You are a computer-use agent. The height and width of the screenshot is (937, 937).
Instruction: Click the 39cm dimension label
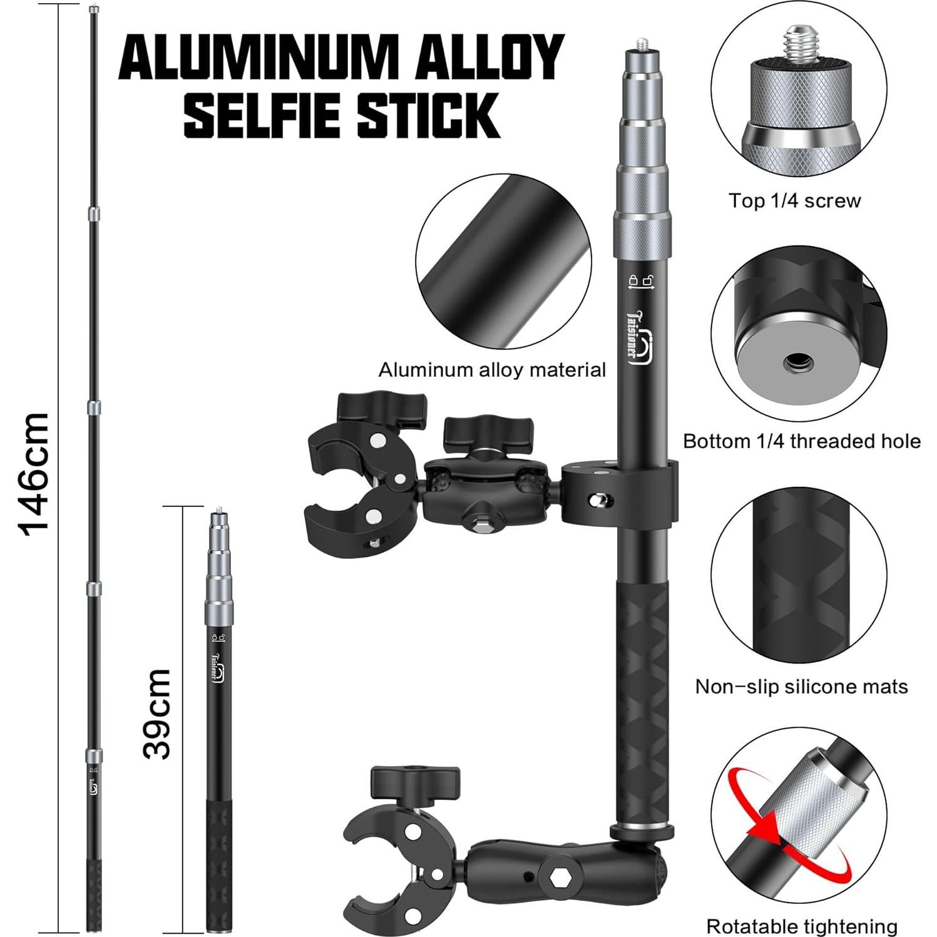coord(156,714)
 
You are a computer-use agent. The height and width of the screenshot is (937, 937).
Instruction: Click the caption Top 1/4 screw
coord(794,201)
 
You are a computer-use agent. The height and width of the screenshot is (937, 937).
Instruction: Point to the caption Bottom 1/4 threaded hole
coord(802,441)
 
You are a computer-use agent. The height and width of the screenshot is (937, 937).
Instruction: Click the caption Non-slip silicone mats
coord(801,687)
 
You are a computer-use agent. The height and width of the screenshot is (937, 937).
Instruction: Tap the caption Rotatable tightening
coord(802,926)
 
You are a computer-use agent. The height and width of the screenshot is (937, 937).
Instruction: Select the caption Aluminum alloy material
coord(492,370)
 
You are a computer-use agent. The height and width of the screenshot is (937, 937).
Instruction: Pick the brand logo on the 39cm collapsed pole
coord(218,670)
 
